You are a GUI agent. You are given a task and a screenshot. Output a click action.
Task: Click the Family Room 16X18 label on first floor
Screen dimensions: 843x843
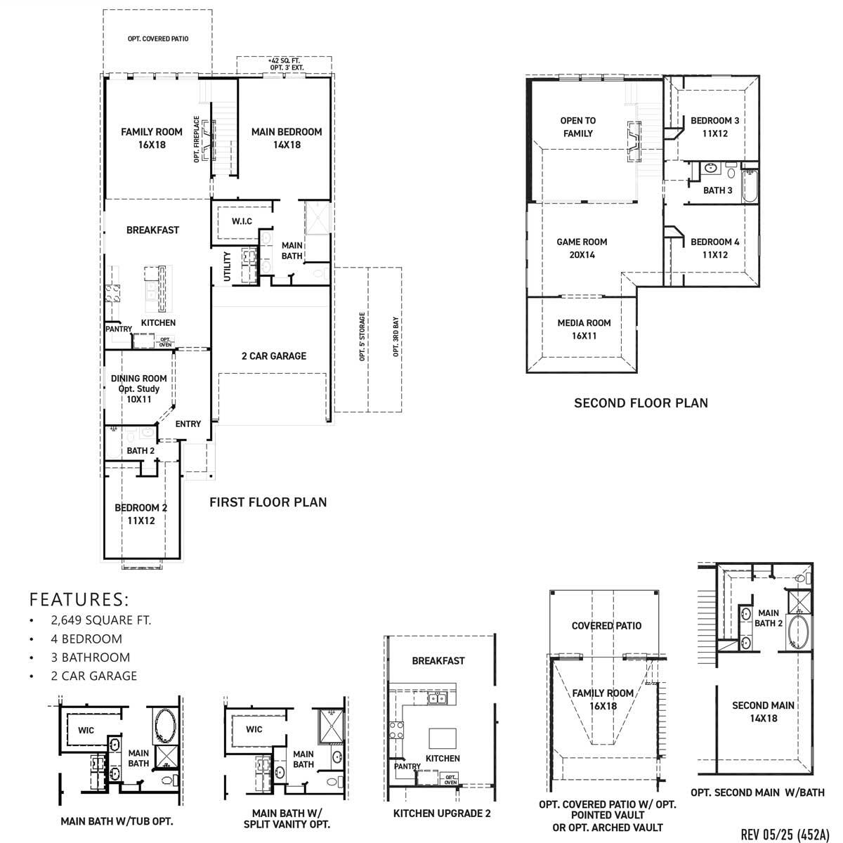pyautogui.click(x=151, y=138)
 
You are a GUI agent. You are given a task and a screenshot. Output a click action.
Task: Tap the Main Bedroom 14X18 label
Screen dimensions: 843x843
pyautogui.click(x=287, y=138)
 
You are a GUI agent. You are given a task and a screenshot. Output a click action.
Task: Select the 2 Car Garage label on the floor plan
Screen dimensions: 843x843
pyautogui.click(x=274, y=356)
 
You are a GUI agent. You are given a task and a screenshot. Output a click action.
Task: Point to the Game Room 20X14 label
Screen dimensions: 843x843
pyautogui.click(x=582, y=248)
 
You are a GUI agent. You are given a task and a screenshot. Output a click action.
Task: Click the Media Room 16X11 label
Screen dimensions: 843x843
pyautogui.click(x=584, y=329)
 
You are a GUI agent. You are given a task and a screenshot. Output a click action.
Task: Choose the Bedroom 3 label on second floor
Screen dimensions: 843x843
pyautogui.click(x=714, y=126)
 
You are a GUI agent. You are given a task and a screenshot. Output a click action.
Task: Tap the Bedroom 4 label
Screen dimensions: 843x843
pyautogui.click(x=714, y=248)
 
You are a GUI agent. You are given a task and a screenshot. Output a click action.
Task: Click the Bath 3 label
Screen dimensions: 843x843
pyautogui.click(x=718, y=190)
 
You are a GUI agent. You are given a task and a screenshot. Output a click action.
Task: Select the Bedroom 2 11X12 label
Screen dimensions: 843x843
pyautogui.click(x=141, y=514)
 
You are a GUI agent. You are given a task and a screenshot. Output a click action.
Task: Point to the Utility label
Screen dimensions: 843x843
pyautogui.click(x=227, y=266)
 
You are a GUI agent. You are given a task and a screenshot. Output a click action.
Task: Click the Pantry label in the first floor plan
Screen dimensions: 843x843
pyautogui.click(x=119, y=329)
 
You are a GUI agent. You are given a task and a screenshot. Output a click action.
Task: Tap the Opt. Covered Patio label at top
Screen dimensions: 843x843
pyautogui.click(x=158, y=39)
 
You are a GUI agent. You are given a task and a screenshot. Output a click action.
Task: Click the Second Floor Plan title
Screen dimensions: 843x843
pyautogui.click(x=641, y=403)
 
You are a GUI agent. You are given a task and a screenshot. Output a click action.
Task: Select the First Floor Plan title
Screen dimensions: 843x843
pyautogui.click(x=268, y=502)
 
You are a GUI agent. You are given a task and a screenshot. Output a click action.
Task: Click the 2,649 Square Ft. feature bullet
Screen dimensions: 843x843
pyautogui.click(x=100, y=620)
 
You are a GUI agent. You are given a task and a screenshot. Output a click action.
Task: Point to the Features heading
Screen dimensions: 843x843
pyautogui.click(x=79, y=599)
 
